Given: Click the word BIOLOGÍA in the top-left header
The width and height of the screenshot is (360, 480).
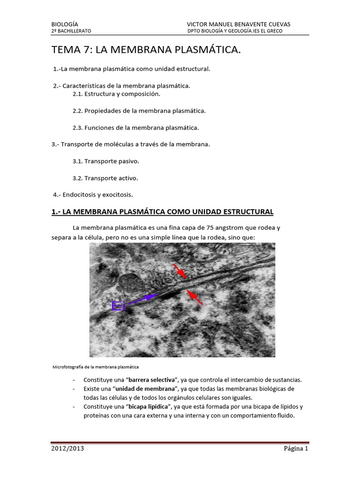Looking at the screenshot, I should click(x=65, y=24).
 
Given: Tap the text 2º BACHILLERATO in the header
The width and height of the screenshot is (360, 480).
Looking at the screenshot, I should click(x=71, y=31).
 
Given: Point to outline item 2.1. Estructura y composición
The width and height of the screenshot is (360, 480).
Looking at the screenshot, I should click(x=116, y=94).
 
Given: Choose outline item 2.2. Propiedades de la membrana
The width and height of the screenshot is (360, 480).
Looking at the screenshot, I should click(x=139, y=111).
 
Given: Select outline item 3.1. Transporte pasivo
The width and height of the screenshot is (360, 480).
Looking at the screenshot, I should click(x=106, y=161).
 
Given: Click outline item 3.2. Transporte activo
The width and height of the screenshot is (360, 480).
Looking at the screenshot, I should click(x=105, y=178).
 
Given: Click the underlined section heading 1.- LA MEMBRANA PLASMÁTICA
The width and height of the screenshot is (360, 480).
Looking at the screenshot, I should click(x=162, y=212).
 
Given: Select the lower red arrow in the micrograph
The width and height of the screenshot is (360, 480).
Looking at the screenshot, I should click(x=195, y=297).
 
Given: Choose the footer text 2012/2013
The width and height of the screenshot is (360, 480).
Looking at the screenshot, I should click(x=68, y=449).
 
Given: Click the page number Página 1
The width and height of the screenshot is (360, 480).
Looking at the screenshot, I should click(x=296, y=449).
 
